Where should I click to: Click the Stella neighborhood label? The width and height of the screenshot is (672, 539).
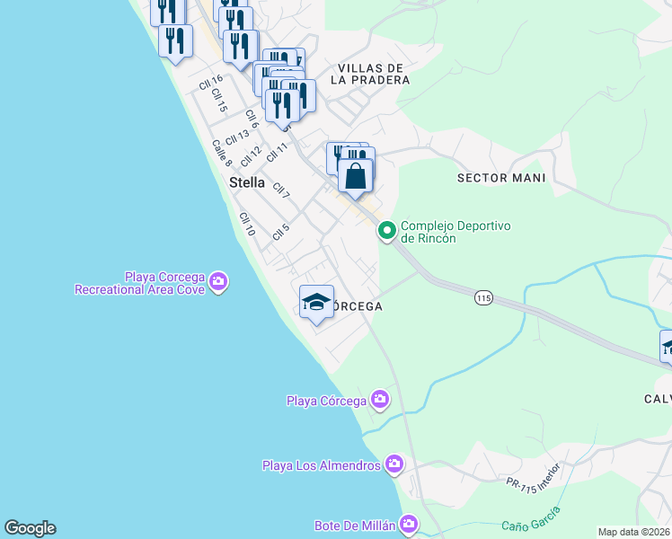point(248,182)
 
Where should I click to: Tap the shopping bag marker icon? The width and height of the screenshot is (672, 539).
point(356,174)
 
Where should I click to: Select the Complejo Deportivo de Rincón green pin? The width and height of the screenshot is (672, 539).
point(387,232)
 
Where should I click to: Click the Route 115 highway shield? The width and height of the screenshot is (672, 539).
point(484,298)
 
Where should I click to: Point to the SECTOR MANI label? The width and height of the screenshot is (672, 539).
point(501,178)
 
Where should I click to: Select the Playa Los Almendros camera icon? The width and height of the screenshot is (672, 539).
point(393,464)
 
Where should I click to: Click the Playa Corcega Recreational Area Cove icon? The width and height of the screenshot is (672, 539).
point(218,283)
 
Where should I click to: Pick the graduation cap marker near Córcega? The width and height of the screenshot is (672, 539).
point(316,302)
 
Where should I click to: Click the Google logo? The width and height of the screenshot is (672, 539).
point(30,528)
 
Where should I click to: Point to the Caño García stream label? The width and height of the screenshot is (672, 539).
point(531,519)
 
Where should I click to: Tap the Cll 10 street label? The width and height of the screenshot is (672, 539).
point(247,225)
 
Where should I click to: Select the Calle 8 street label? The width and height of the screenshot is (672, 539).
point(222,153)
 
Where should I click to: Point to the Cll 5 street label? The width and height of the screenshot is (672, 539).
point(280,232)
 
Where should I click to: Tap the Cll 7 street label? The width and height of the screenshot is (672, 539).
point(281,190)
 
